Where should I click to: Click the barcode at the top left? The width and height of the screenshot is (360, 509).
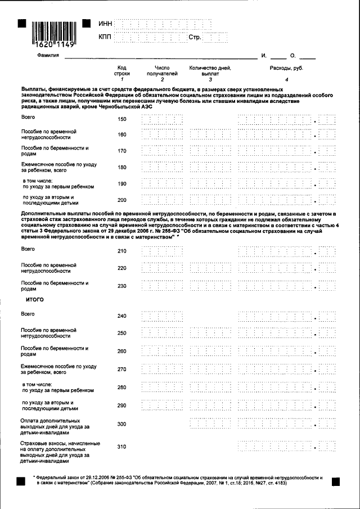point(53,33)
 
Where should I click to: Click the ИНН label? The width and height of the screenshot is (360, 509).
point(105,24)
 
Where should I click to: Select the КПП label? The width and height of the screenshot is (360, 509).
point(105,37)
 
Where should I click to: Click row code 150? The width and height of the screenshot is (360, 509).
point(122,120)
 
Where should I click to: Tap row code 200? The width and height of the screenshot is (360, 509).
point(122,200)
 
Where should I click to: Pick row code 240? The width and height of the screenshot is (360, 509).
point(122,316)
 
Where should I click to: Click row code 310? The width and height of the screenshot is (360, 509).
point(122,447)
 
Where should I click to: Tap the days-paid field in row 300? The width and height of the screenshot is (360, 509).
point(210,424)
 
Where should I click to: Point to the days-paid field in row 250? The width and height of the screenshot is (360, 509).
point(210,333)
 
